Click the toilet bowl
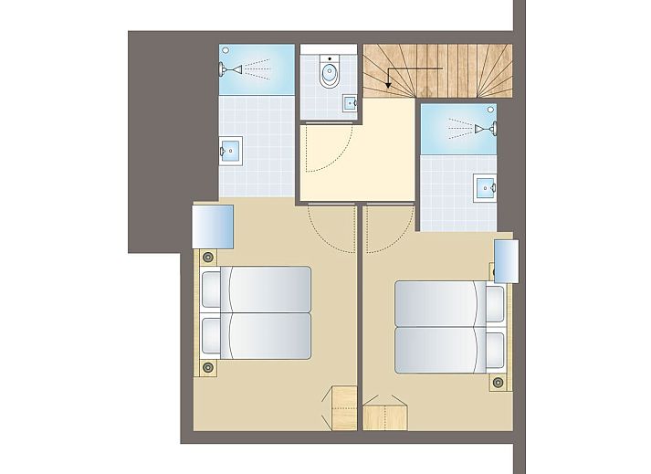(x=330, y=74)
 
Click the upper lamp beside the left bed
(x=209, y=258)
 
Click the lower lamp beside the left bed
(x=209, y=367)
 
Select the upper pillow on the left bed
(x=212, y=290)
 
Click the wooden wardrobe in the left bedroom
(x=342, y=407)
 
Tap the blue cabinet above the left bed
(x=213, y=226)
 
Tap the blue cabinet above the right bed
(x=506, y=262)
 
